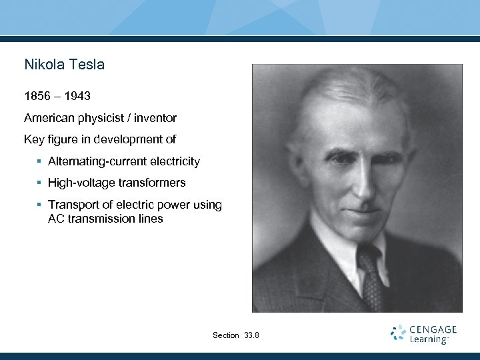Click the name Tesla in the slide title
tap(87, 65)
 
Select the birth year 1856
tap(38, 97)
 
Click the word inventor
tap(155, 118)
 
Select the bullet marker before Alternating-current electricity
tap(40, 161)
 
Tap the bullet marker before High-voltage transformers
tap(40, 183)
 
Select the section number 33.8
tap(252, 335)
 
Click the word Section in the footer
tap(225, 335)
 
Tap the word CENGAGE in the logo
tap(433, 329)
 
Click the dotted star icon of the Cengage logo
tap(398, 333)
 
